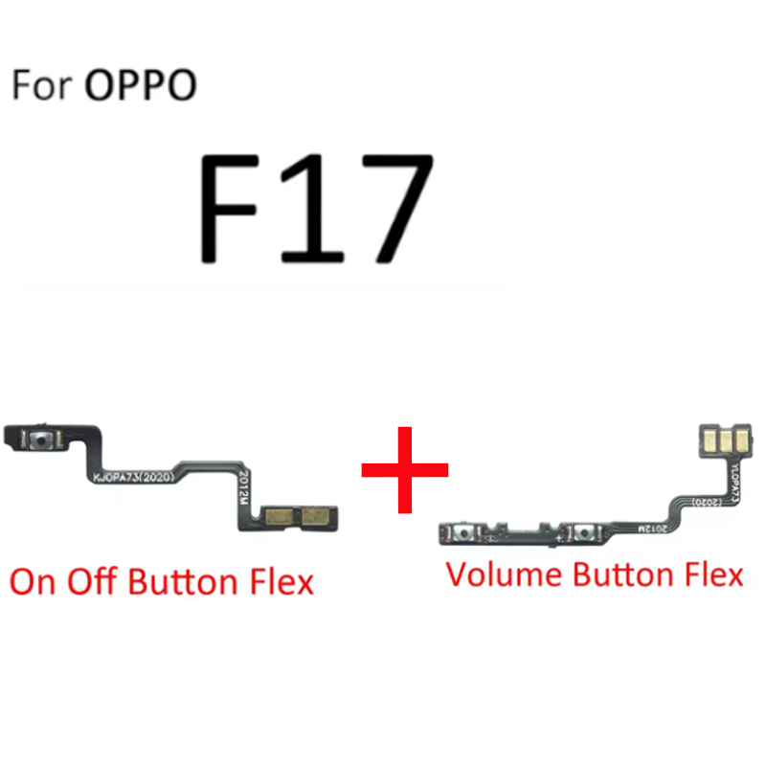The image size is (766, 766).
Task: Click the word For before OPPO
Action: coord(43,85)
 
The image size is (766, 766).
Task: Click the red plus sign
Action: coord(404,468)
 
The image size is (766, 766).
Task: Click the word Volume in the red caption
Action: coord(504,574)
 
